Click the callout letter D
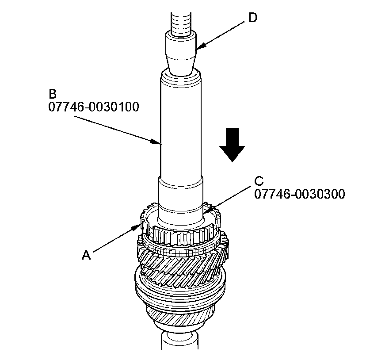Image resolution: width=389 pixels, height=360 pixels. coord(252,18)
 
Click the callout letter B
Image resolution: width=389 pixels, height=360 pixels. coord(53,94)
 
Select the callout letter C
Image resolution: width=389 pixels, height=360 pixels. coord(259,181)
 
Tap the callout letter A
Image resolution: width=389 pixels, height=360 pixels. coord(87,254)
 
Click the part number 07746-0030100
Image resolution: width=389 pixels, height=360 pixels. coord(94,107)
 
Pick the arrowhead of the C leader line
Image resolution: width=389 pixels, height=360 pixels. coord(206,214)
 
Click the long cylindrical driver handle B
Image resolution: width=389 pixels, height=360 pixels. coord(181,128)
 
